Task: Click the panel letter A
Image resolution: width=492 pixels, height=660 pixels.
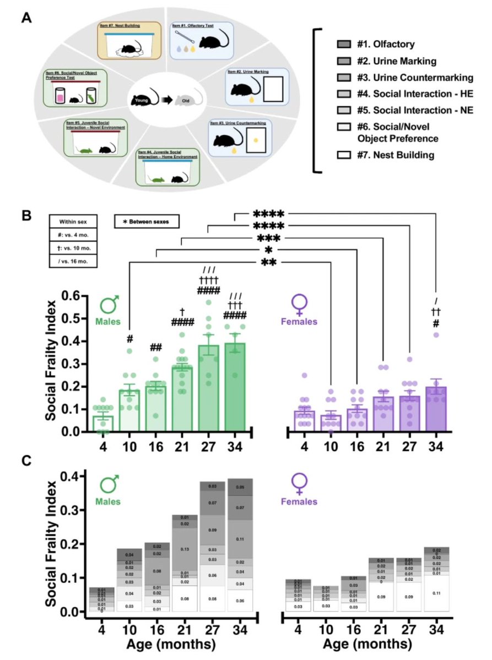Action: tap(25, 18)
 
